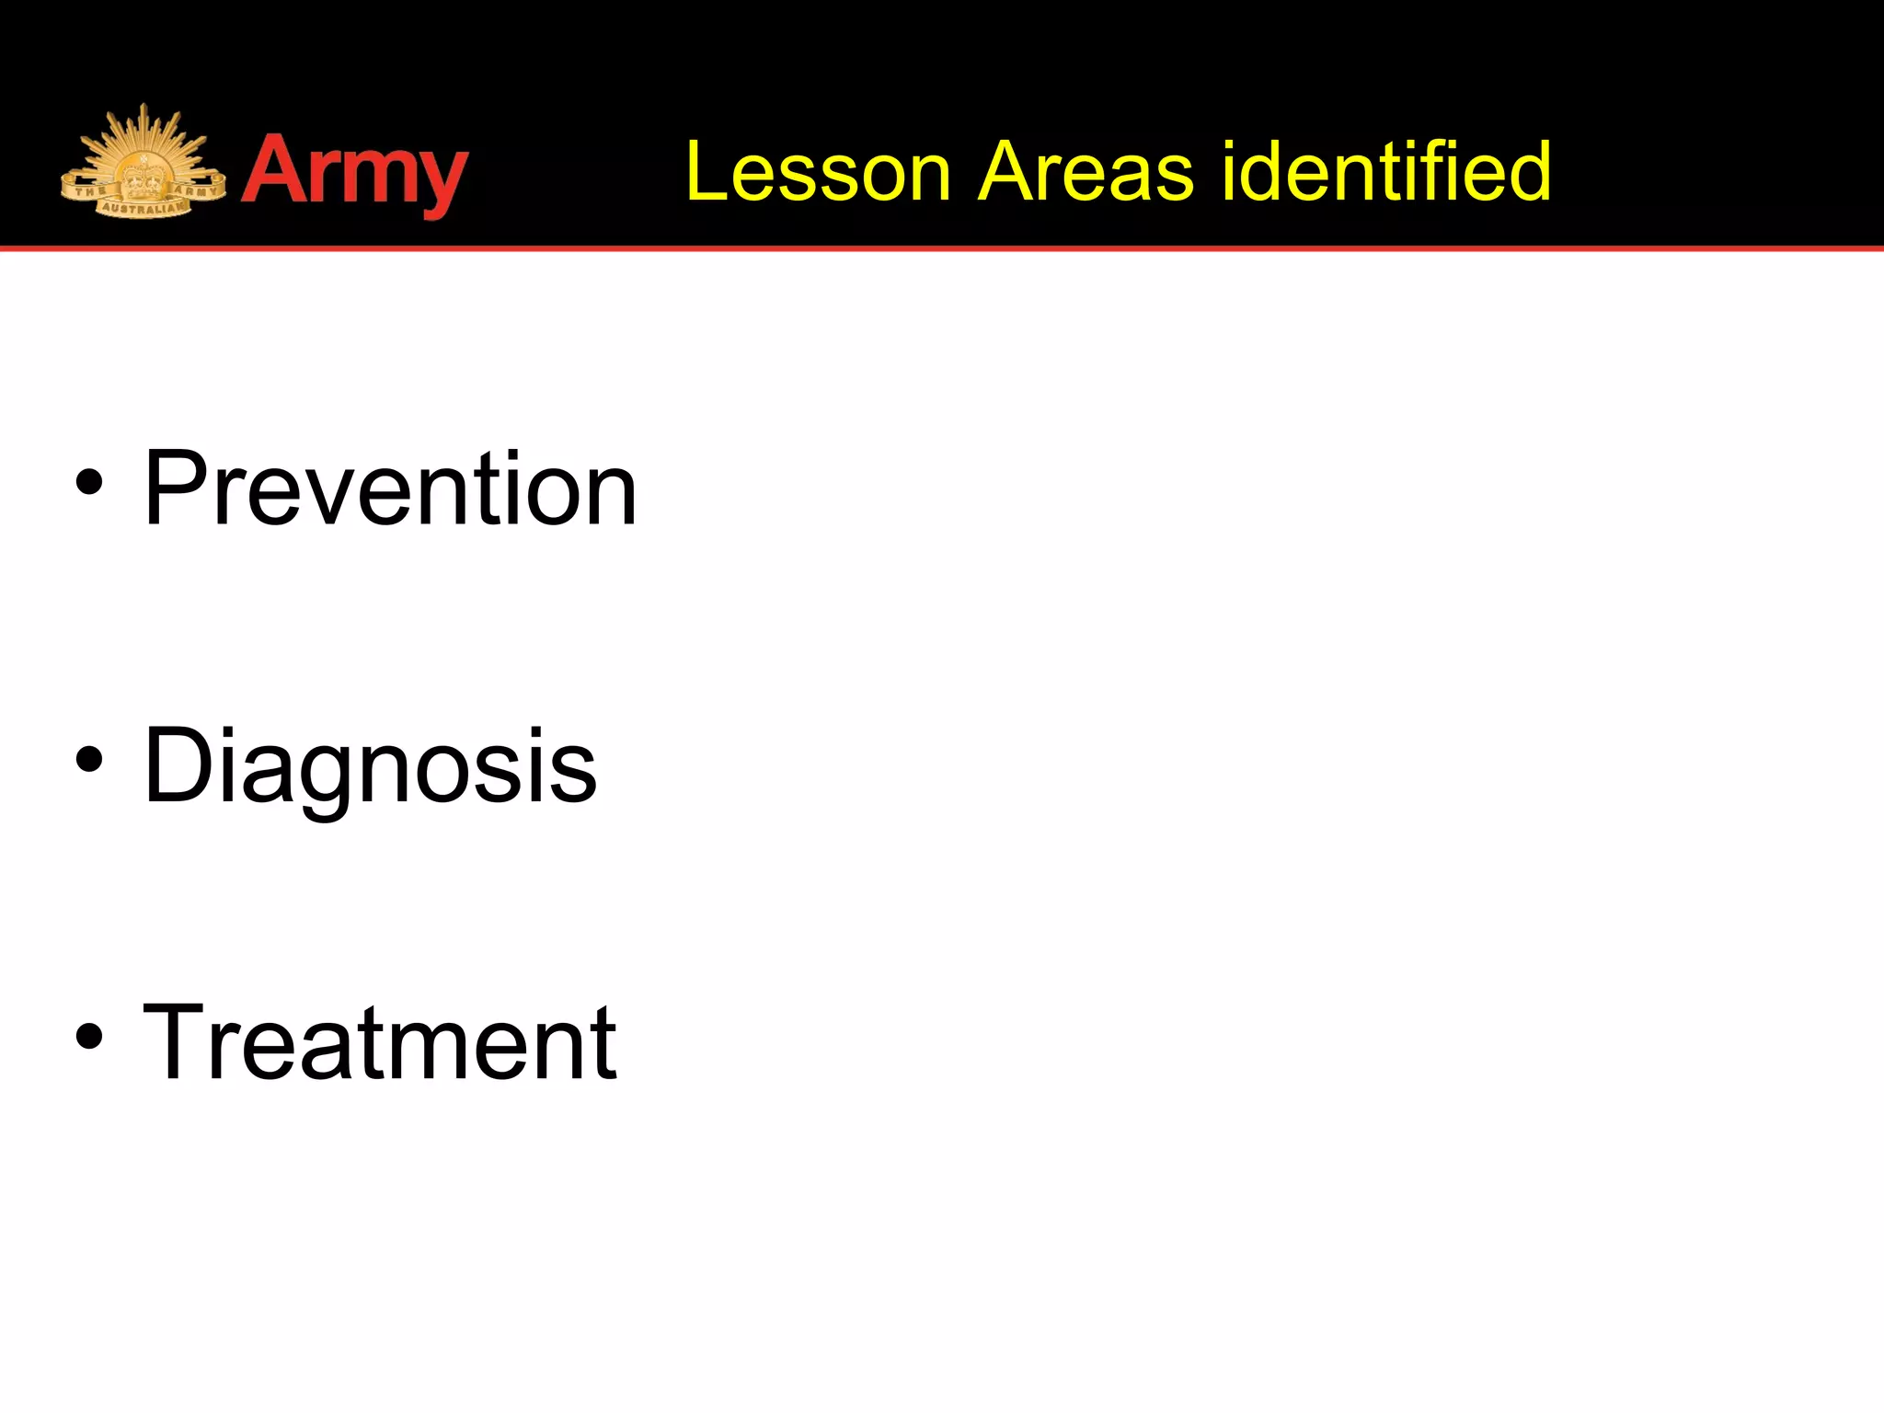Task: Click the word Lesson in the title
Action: click(x=818, y=172)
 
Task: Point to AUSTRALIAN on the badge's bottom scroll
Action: click(x=143, y=209)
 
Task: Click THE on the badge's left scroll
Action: click(x=89, y=191)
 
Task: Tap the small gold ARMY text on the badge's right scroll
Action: click(x=196, y=190)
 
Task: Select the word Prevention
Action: click(x=390, y=488)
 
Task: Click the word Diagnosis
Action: click(x=370, y=766)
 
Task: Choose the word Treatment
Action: click(x=380, y=1043)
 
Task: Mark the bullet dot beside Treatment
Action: click(x=89, y=1037)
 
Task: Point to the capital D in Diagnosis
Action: click(x=178, y=765)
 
